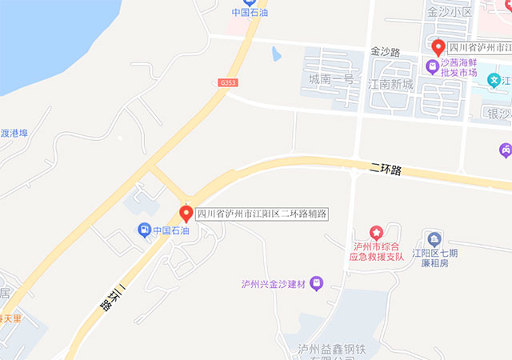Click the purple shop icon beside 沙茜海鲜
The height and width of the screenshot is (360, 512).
click(x=433, y=66)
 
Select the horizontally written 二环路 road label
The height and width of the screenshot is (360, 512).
click(x=386, y=170)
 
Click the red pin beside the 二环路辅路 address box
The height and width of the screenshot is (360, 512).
click(x=186, y=213)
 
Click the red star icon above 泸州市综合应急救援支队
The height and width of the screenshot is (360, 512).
click(x=376, y=232)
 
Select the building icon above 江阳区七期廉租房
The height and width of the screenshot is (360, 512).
click(x=434, y=238)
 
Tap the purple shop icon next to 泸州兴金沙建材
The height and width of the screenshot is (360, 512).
click(x=317, y=283)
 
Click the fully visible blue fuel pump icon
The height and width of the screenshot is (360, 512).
click(x=144, y=230)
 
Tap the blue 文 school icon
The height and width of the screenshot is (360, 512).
click(x=496, y=79)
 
